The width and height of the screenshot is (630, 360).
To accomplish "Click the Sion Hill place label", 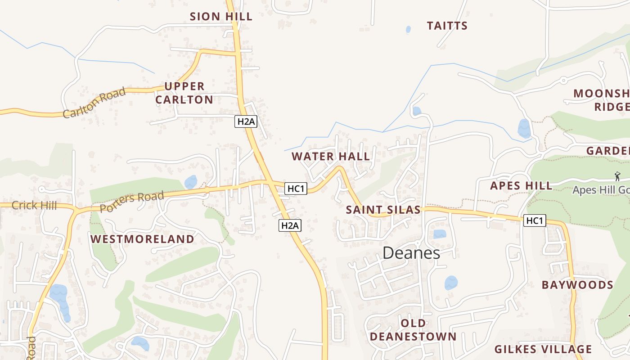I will [221, 17].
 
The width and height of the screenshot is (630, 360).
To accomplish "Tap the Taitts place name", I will [447, 26].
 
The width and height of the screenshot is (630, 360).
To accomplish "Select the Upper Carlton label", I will [184, 93].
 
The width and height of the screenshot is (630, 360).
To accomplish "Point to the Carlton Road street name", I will [94, 103].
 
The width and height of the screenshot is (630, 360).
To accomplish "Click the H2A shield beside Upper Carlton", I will [246, 121].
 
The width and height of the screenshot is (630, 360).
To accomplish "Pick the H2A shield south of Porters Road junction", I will [290, 225].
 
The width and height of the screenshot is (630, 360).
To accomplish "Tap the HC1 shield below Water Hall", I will [296, 189].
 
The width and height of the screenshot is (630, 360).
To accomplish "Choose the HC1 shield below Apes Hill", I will [535, 220].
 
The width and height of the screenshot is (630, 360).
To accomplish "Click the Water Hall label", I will [331, 157].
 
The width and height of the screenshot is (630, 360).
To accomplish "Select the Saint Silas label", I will [383, 210].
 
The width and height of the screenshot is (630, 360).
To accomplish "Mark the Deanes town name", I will [411, 253].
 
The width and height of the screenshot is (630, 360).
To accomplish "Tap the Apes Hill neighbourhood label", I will [521, 185].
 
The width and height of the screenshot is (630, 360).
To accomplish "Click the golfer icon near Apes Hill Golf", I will [617, 176].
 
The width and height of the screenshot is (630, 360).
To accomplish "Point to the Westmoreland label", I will [143, 239].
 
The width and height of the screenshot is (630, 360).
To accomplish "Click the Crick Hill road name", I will [34, 206].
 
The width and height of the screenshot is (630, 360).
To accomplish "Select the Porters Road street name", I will [131, 202].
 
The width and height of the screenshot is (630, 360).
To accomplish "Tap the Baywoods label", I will [577, 285].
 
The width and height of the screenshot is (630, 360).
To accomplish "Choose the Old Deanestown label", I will [413, 330].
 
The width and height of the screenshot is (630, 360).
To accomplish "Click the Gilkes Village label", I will [543, 349].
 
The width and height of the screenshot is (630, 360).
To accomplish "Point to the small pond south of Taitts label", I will [408, 30].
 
